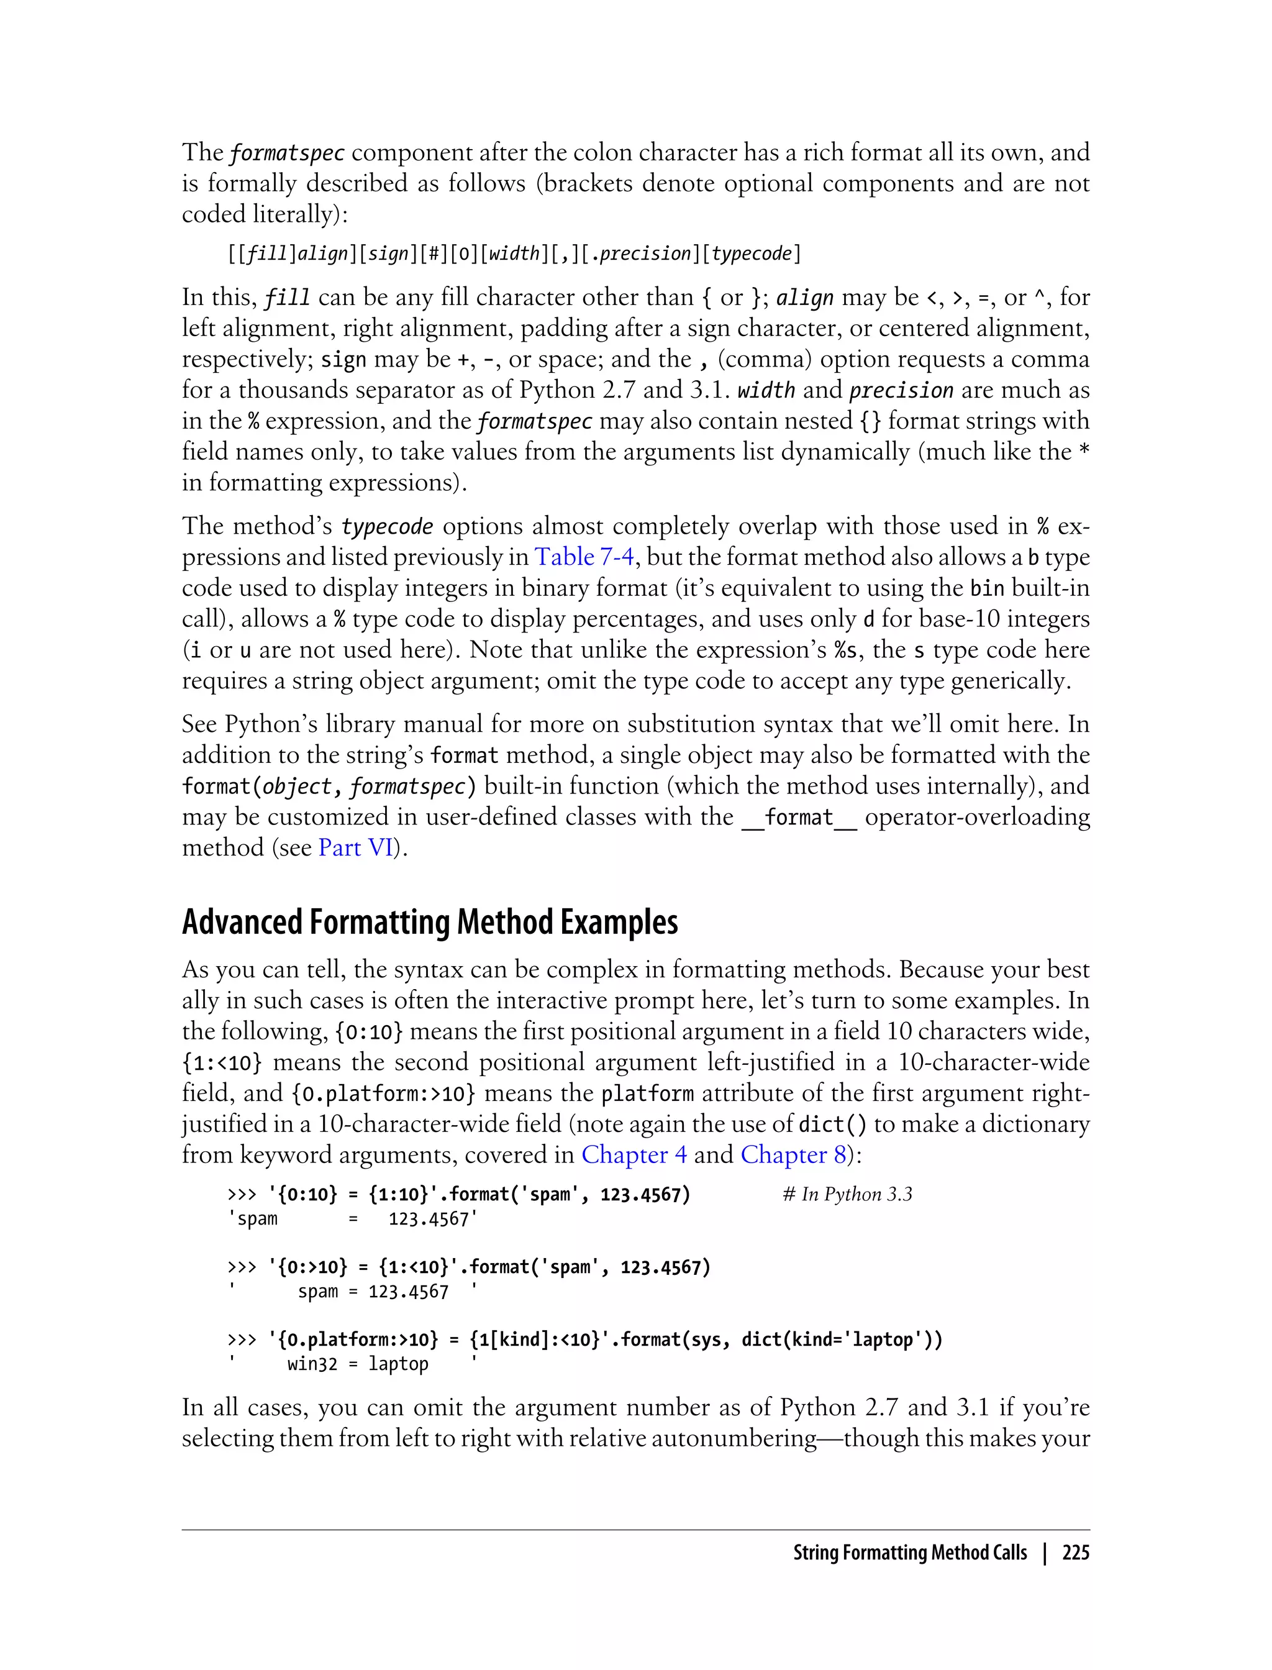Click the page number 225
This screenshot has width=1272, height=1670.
tap(1075, 1553)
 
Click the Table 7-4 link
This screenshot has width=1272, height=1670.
tap(584, 557)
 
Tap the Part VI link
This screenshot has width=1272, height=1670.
tap(356, 847)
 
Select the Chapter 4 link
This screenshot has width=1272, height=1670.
tap(634, 1154)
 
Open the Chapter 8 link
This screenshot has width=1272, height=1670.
tap(793, 1154)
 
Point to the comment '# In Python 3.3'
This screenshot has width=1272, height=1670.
tap(847, 1194)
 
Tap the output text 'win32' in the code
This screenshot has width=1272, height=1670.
tap(312, 1364)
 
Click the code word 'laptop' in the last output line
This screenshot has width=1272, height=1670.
tap(398, 1364)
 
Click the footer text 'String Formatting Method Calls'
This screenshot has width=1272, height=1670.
tap(909, 1553)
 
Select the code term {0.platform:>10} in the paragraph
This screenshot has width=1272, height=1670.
tap(384, 1093)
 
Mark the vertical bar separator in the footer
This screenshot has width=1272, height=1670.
tap(1045, 1553)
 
